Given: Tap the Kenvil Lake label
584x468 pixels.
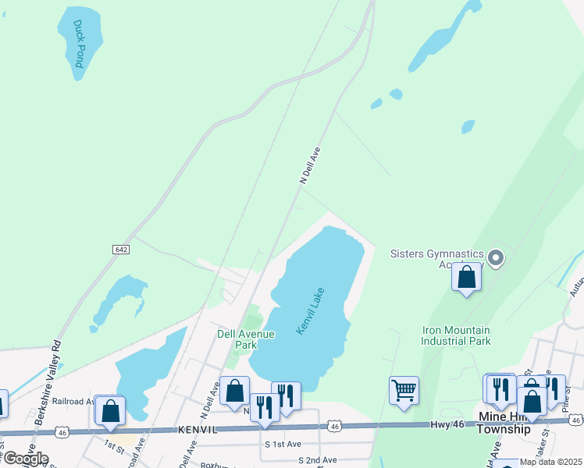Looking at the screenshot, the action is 310,311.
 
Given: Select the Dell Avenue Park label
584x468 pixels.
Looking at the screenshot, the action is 246,339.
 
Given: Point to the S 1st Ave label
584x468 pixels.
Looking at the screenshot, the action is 282,444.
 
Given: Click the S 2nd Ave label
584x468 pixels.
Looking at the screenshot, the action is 316,461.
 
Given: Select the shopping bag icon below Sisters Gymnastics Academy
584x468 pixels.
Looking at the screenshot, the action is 467,277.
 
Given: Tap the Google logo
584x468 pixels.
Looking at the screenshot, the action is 25,459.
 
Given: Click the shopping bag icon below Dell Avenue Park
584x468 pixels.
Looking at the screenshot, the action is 234,391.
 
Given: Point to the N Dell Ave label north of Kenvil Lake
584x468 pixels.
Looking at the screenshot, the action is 311,166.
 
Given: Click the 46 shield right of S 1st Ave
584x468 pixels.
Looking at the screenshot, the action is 334,426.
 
